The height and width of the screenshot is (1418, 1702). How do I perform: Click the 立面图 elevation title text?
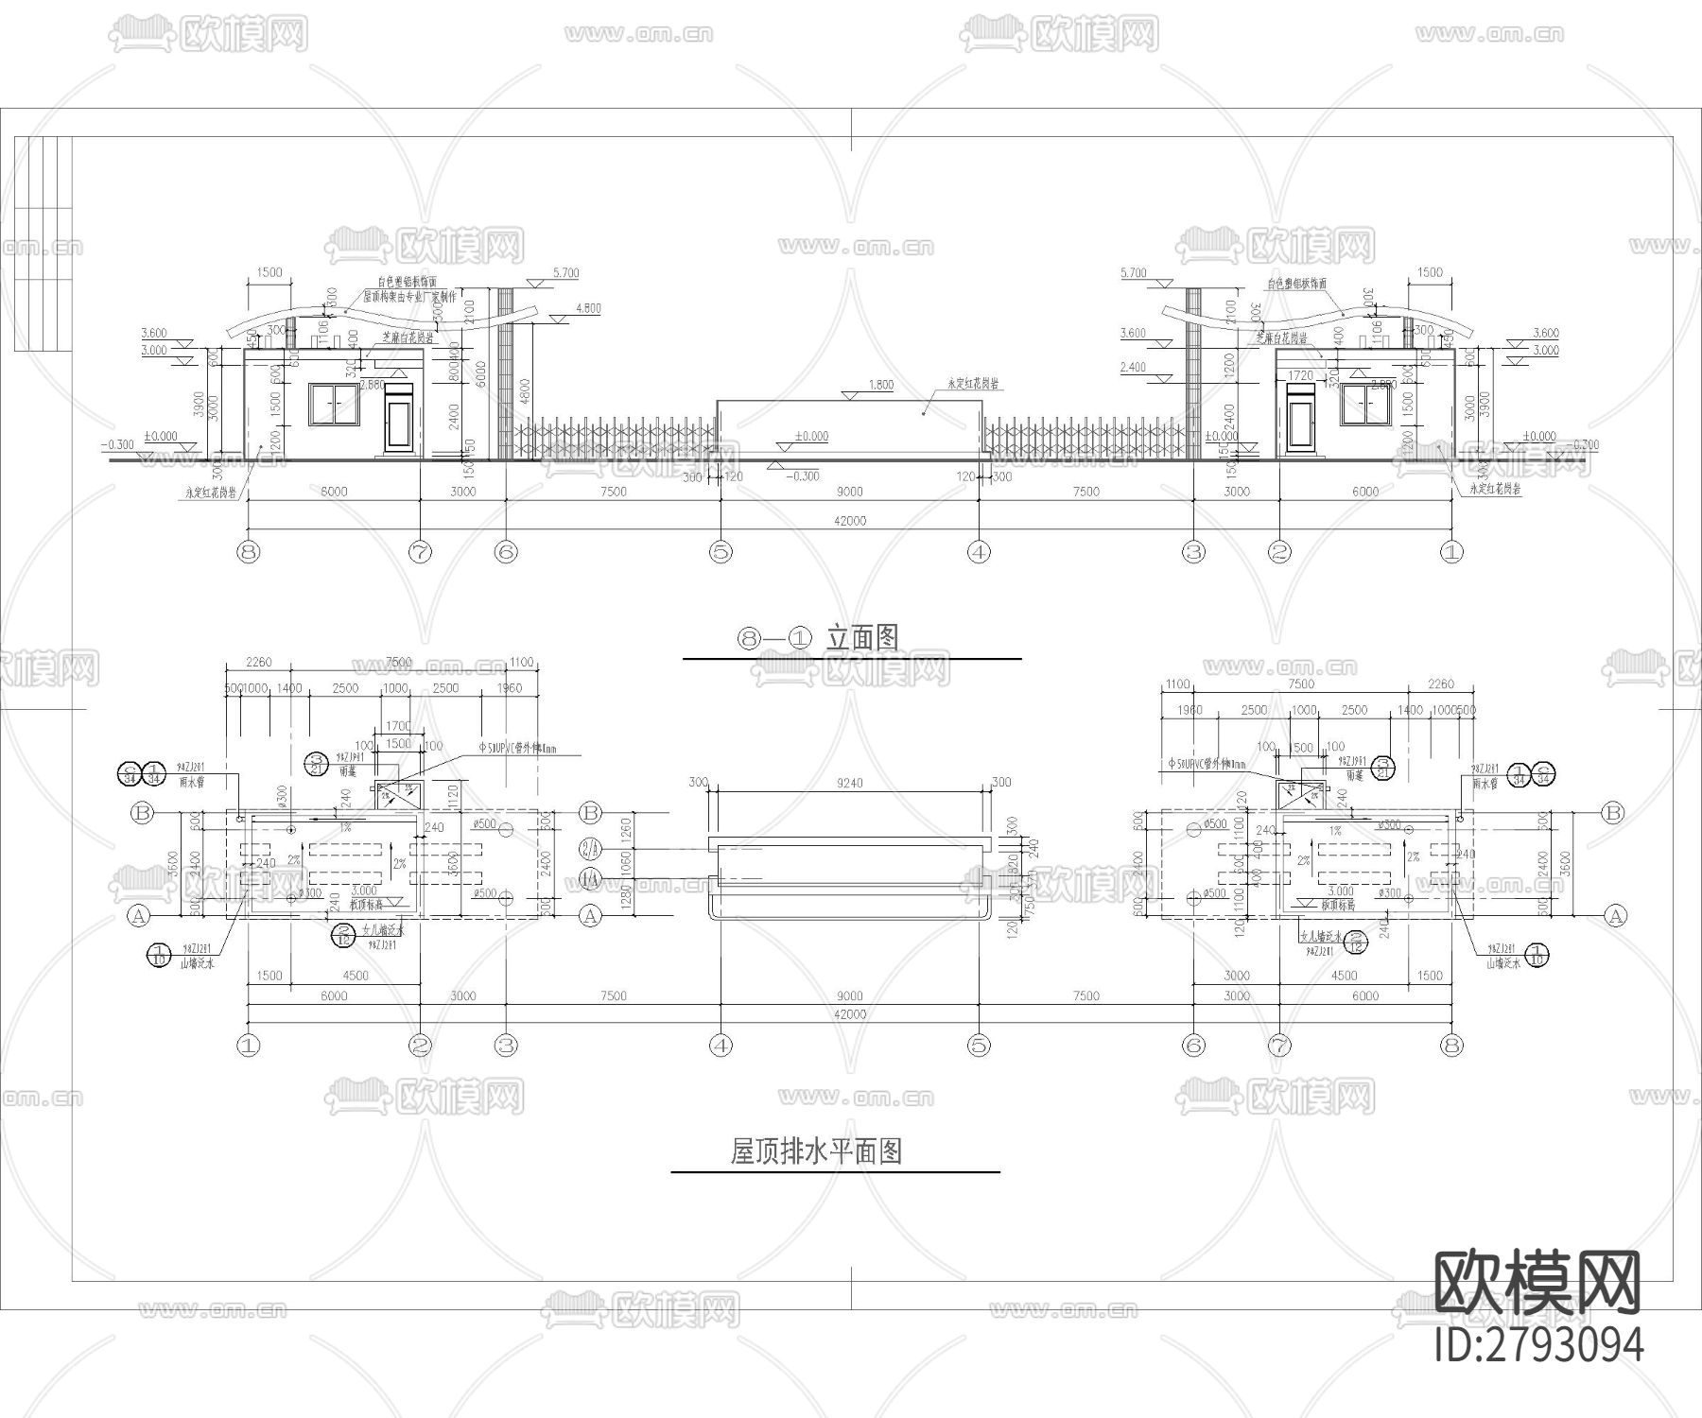[862, 638]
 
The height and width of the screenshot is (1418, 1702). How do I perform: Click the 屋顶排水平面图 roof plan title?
[815, 1150]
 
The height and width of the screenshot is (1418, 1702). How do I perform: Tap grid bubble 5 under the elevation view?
[721, 551]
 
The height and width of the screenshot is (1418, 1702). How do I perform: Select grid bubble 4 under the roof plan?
[721, 1046]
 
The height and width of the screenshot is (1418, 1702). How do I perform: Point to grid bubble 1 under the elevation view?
[1451, 551]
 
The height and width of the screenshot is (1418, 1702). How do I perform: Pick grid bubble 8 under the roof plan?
[1451, 1046]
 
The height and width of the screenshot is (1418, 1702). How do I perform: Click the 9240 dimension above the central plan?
[849, 783]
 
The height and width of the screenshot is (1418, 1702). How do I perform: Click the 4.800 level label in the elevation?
[587, 309]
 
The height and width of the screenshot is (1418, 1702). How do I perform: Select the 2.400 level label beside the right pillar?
[1132, 367]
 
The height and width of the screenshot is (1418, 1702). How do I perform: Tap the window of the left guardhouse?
[334, 405]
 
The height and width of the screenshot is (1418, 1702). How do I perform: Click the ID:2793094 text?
[1538, 1343]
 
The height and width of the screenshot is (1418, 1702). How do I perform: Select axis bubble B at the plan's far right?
[1614, 812]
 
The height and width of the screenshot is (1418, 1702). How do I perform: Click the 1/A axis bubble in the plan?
[591, 877]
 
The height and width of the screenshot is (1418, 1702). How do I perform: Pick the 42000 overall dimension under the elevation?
[849, 521]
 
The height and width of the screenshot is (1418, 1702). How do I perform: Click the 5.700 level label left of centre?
[564, 273]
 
